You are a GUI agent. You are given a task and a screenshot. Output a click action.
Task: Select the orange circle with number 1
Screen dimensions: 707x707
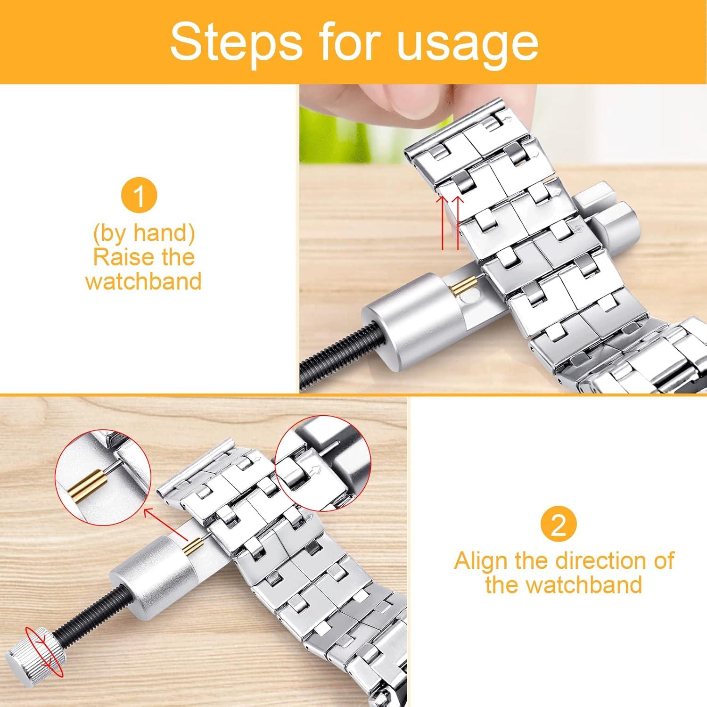tap(139, 196)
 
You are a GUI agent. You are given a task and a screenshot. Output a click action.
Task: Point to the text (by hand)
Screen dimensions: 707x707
tap(144, 233)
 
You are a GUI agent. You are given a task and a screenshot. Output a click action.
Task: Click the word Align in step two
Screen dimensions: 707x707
tap(481, 561)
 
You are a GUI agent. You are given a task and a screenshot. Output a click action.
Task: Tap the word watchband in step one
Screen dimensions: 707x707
tap(144, 281)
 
